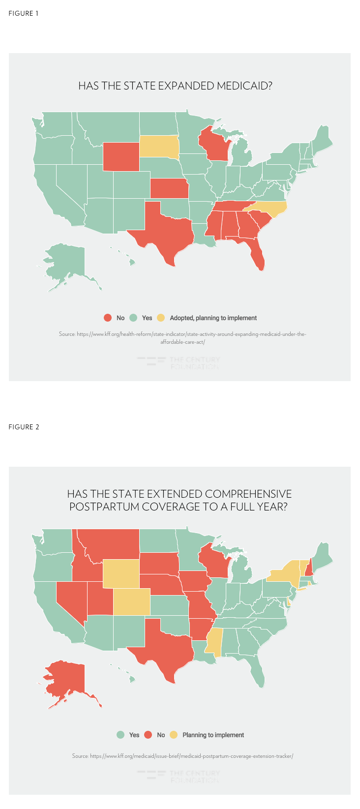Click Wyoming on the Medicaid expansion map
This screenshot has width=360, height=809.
[x=121, y=156]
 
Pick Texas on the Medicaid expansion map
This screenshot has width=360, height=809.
[x=165, y=229]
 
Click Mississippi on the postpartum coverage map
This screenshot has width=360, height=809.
[x=214, y=642]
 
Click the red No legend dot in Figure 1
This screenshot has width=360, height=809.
[x=108, y=318]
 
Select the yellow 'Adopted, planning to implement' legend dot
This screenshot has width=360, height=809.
[x=161, y=318]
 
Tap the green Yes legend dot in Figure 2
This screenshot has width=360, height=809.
[x=120, y=735]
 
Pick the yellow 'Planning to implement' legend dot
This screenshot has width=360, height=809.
[x=174, y=735]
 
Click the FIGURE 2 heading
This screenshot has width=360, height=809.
[x=24, y=427]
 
